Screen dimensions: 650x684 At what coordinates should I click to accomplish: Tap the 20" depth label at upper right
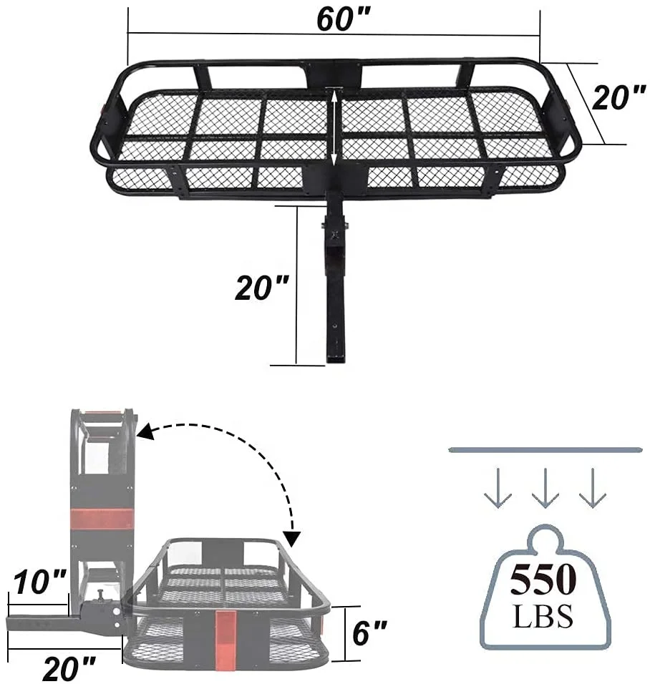619,97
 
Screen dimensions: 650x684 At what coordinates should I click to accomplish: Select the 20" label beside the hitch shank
261,288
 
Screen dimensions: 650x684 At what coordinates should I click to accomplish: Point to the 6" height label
369,632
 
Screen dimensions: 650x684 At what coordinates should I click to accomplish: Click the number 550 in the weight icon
543,580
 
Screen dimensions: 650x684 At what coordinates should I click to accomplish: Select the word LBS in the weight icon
543,615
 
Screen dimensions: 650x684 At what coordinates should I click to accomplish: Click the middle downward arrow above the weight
545,488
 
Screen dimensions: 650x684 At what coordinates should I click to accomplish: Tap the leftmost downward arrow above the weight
498,488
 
